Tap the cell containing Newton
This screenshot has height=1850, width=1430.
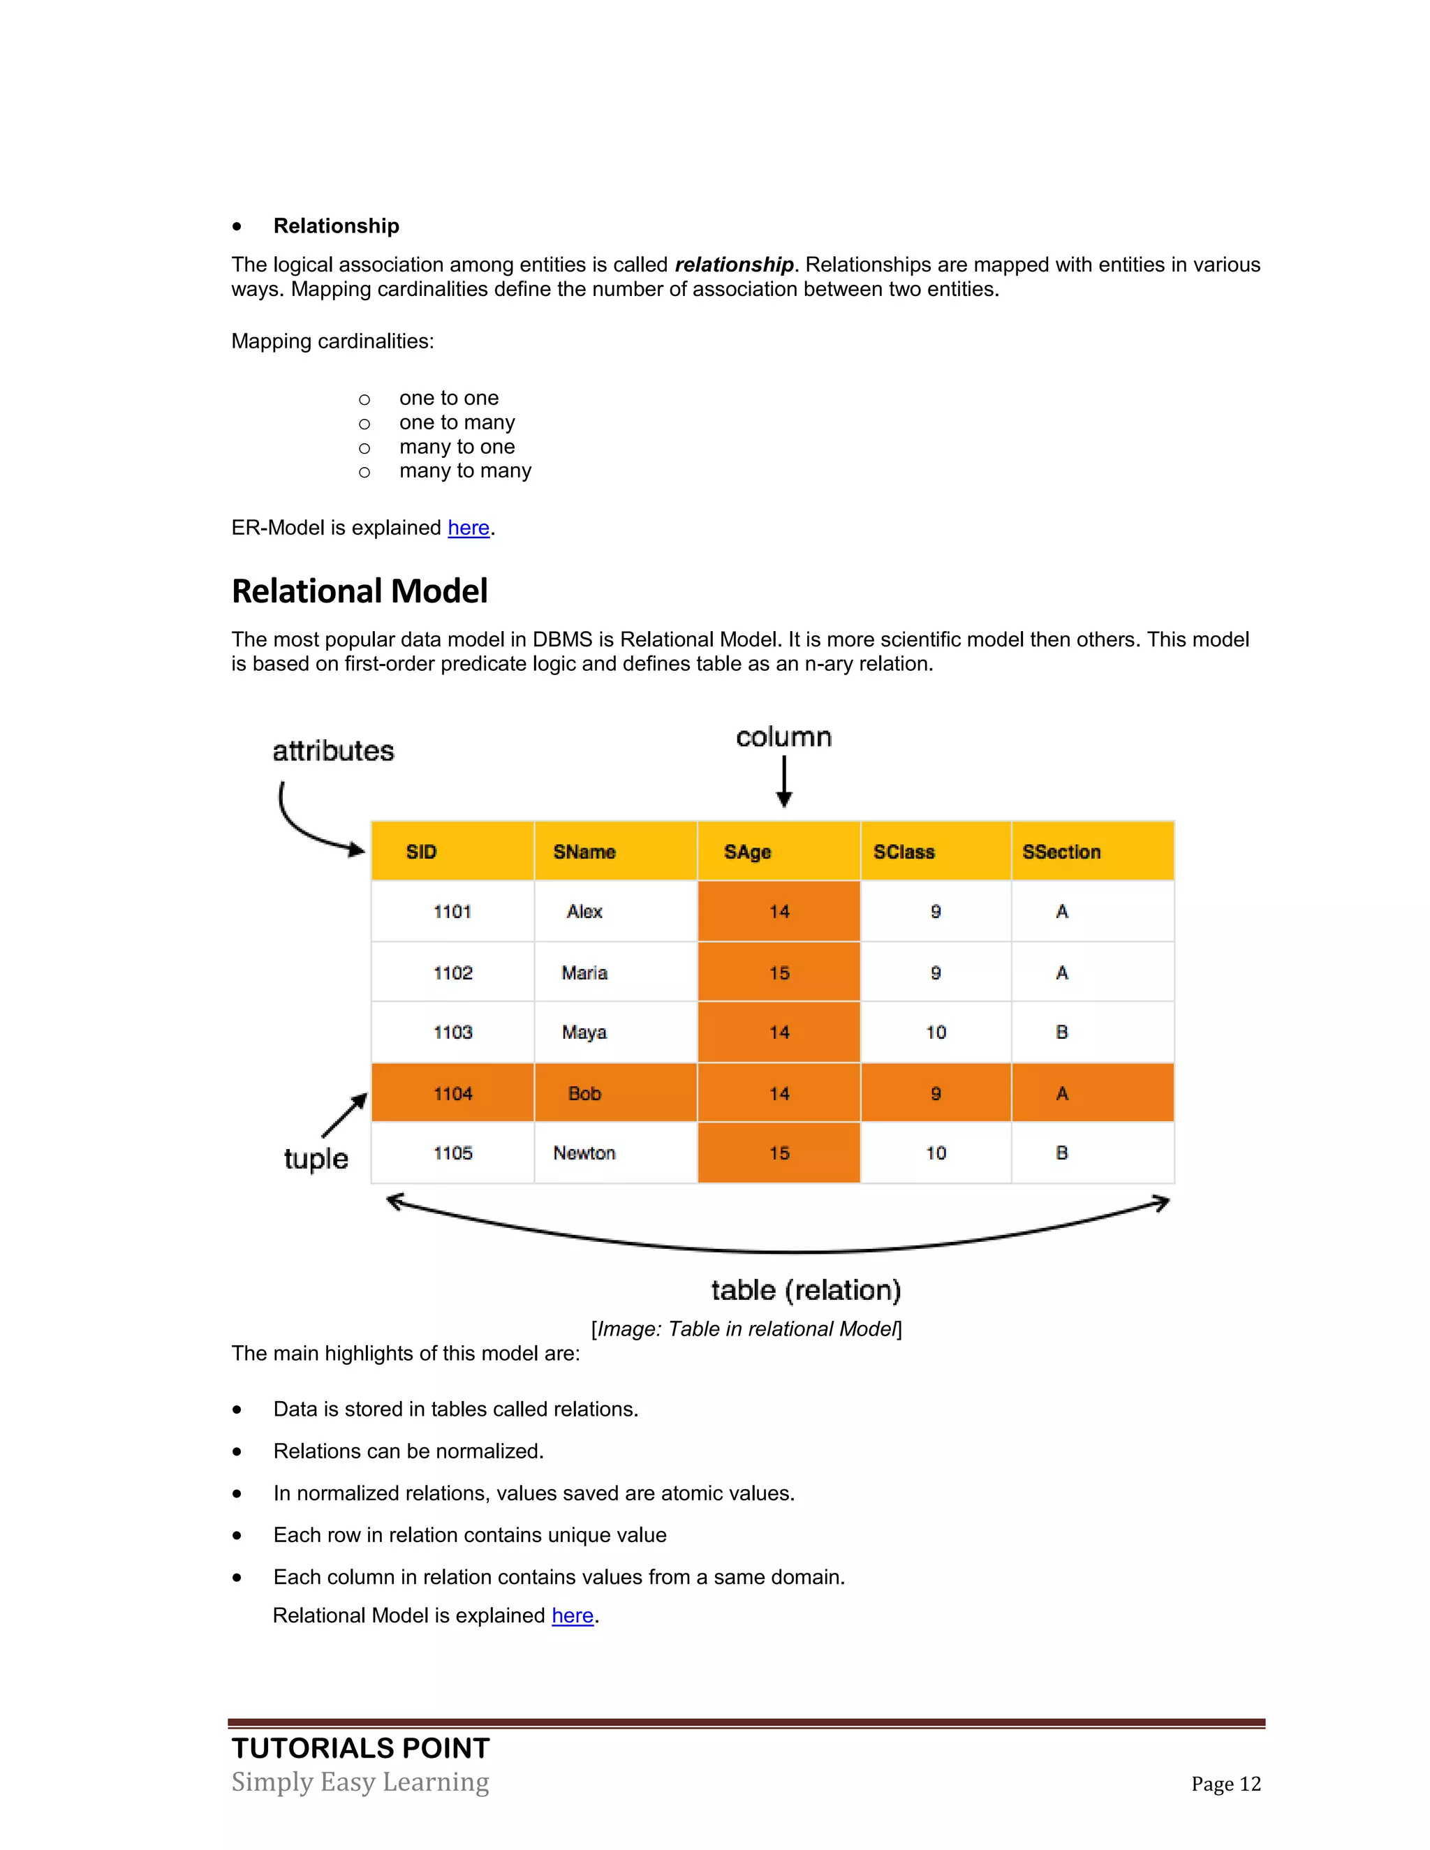tap(584, 1153)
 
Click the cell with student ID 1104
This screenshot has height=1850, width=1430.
tap(452, 1093)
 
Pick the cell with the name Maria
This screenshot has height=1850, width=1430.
tap(584, 972)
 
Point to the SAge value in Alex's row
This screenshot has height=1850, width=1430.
tap(779, 912)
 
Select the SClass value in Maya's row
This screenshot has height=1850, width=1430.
tap(935, 1033)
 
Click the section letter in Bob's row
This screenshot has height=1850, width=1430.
tap(1061, 1093)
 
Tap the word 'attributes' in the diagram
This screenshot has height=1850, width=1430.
tap(333, 751)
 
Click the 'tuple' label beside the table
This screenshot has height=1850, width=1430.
tap(316, 1158)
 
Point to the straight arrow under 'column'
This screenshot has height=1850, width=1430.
tap(783, 781)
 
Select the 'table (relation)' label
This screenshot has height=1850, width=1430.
tap(806, 1290)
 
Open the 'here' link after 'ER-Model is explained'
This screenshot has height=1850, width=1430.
tap(469, 528)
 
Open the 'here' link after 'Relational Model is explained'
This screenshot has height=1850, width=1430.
tap(572, 1615)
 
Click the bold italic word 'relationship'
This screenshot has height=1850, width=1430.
tap(734, 265)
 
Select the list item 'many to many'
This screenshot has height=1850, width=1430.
tap(465, 471)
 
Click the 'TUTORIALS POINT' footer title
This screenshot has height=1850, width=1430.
tap(361, 1747)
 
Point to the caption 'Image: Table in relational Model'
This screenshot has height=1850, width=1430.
tap(746, 1329)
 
